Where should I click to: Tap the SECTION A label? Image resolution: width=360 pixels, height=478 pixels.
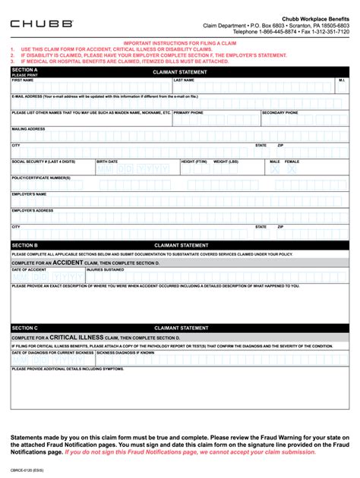(24, 70)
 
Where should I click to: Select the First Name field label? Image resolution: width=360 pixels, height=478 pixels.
(23, 80)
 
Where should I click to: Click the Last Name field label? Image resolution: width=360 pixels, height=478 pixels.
(184, 80)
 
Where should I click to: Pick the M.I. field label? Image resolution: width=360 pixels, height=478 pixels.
(342, 80)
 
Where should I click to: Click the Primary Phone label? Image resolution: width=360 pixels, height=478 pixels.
(188, 112)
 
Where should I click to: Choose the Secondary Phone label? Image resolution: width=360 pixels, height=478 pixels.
(279, 112)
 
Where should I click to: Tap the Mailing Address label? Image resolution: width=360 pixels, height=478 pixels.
(28, 129)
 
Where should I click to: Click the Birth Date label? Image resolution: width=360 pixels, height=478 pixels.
(107, 161)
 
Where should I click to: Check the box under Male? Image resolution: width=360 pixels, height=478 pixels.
(275, 171)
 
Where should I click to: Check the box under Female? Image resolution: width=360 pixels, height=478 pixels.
(292, 171)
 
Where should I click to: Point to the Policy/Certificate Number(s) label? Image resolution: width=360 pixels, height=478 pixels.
(41, 178)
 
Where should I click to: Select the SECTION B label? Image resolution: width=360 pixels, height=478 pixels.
(24, 246)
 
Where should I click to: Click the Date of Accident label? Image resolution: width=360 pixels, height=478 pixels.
(29, 269)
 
